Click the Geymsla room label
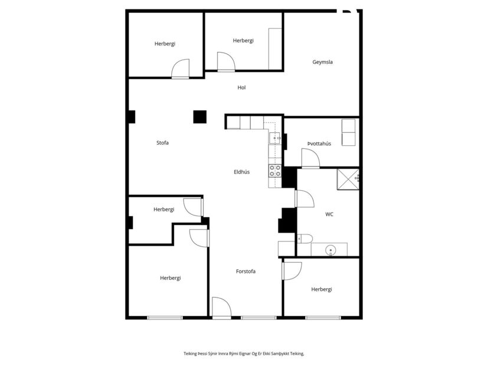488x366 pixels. (x=322, y=62)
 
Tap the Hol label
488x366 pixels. (x=241, y=88)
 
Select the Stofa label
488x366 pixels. (x=162, y=143)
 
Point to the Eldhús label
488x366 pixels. (x=241, y=172)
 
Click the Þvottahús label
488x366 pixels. (x=319, y=143)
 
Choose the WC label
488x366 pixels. (x=329, y=214)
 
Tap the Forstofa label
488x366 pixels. (x=245, y=272)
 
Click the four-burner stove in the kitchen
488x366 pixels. (x=275, y=171)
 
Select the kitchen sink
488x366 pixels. (x=275, y=138)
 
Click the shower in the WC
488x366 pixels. (x=348, y=179)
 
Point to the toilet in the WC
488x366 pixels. (x=304, y=239)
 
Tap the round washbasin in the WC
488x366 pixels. (x=331, y=250)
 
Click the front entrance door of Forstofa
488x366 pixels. (x=221, y=308)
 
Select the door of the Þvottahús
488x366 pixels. (x=310, y=159)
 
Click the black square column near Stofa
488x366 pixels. (x=200, y=117)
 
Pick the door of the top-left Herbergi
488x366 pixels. (x=180, y=69)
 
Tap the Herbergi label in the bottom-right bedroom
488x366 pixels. (x=322, y=289)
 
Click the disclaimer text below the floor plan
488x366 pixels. (x=244, y=354)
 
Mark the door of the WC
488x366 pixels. (x=303, y=199)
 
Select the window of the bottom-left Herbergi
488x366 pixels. (x=165, y=318)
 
